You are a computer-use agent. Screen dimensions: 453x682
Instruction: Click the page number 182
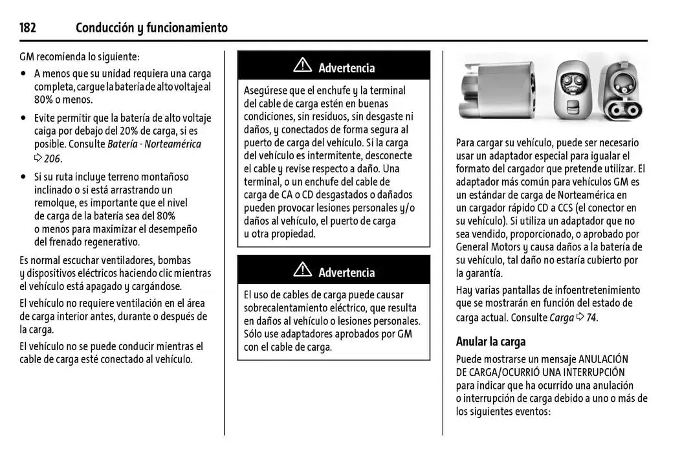(28, 28)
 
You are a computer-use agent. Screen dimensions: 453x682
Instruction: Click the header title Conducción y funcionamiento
(151, 28)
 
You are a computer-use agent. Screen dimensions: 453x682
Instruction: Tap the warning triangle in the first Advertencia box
(302, 66)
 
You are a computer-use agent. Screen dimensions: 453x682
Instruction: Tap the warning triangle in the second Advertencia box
(302, 271)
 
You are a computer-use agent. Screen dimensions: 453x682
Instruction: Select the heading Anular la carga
(490, 342)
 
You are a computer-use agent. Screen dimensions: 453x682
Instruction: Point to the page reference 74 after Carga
(591, 318)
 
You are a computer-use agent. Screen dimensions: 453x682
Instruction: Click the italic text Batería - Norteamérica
(154, 144)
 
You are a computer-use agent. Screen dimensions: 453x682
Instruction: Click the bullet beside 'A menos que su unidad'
(24, 74)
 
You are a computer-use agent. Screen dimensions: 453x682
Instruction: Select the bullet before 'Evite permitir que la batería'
(24, 118)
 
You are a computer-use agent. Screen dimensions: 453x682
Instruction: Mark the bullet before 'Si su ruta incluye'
(24, 177)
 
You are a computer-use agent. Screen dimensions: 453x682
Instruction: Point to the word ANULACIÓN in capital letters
(602, 359)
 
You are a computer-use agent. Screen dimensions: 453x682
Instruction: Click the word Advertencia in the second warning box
(346, 272)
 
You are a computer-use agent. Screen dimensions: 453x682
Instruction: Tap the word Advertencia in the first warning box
(346, 67)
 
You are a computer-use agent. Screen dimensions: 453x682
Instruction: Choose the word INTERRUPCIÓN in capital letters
(593, 372)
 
